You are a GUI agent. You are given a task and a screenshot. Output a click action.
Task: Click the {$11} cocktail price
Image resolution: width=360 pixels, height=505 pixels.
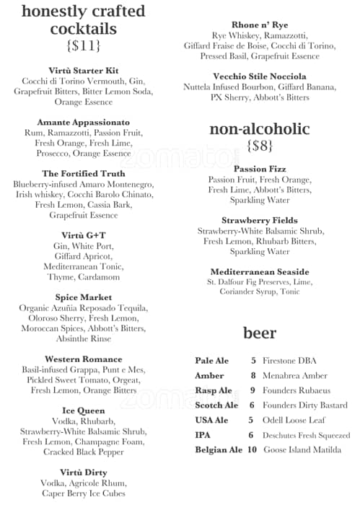tap(83, 46)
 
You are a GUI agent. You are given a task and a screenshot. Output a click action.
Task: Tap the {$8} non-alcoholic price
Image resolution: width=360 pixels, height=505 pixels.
tap(260, 146)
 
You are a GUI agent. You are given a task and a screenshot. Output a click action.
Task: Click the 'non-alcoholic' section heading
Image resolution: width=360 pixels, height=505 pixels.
tap(260, 129)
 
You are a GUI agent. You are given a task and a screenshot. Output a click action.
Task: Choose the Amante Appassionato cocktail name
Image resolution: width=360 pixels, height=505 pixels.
tap(84, 123)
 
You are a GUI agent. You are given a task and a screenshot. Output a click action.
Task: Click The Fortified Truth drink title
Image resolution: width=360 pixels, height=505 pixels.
tap(84, 174)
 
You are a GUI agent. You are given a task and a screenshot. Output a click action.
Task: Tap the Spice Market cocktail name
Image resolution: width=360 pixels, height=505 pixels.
tap(84, 297)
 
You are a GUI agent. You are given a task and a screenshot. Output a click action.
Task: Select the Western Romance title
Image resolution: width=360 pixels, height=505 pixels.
tap(84, 359)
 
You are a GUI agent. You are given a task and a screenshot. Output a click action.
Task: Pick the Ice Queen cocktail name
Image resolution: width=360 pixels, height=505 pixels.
tap(84, 410)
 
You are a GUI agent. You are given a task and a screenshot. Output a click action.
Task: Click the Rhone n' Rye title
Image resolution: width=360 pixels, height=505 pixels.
tap(259, 25)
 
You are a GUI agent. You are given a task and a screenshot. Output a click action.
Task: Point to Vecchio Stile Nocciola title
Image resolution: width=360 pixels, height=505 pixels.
tap(259, 76)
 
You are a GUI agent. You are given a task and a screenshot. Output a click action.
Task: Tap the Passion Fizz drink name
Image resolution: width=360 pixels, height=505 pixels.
tap(259, 169)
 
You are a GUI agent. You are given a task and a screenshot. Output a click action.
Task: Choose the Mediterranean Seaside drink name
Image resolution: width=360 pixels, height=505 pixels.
tap(259, 271)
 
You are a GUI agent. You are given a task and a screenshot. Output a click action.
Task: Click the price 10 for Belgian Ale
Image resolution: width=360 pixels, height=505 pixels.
tap(252, 450)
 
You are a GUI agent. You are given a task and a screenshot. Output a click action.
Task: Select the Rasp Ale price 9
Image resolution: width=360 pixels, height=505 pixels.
tap(253, 390)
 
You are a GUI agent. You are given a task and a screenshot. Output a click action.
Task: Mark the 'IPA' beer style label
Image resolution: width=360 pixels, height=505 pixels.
tap(203, 435)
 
